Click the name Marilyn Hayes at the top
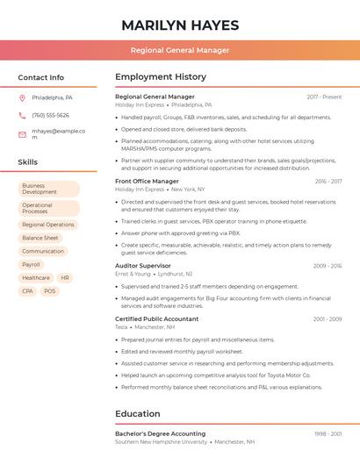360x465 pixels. tap(179, 25)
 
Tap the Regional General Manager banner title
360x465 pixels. tap(179, 50)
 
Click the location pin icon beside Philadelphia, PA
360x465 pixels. tap(22, 97)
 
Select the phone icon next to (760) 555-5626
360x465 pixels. tap(22, 115)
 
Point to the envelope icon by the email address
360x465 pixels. tap(22, 134)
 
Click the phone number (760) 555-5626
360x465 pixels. tap(50, 115)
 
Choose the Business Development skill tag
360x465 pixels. tap(48, 189)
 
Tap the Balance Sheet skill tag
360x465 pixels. tap(40, 238)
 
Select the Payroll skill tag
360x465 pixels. tap(32, 264)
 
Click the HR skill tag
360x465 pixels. tap(65, 277)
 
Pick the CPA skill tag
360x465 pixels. tap(28, 290)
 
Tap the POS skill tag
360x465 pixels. tap(49, 290)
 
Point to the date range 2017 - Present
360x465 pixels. tap(324, 97)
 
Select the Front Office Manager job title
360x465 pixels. tap(147, 181)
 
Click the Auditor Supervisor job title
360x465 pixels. tap(143, 265)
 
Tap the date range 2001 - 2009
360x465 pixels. tap(327, 318)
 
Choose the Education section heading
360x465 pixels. tap(139, 413)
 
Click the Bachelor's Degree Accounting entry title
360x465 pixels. tap(160, 433)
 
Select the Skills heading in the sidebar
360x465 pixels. tap(28, 162)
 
